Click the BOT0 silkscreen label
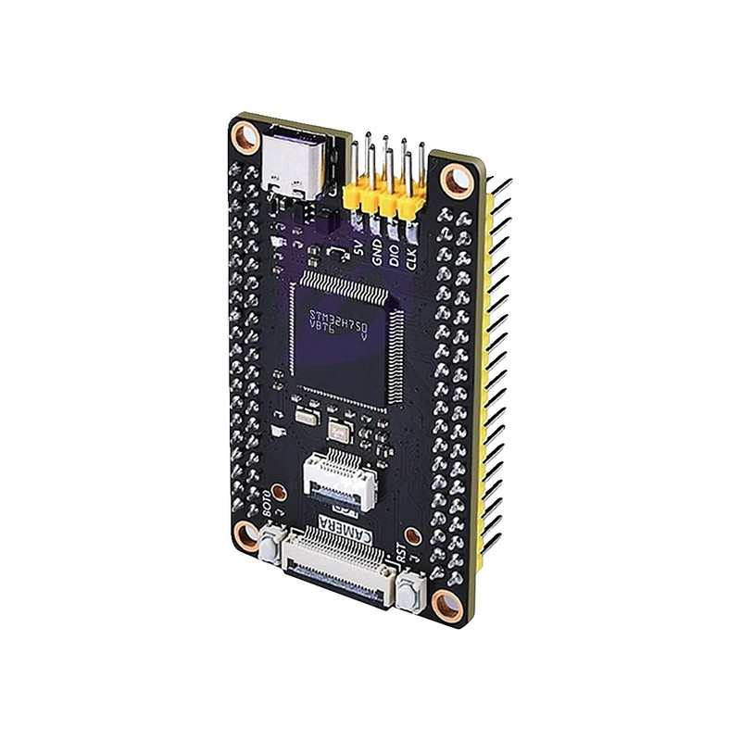(x=266, y=500)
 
